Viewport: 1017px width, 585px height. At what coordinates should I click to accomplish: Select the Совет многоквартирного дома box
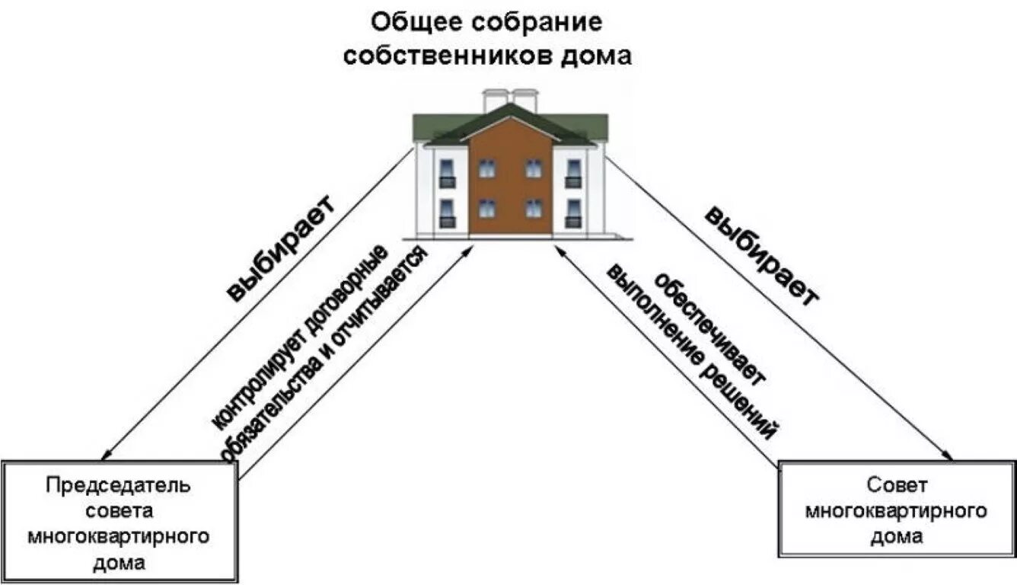(897, 510)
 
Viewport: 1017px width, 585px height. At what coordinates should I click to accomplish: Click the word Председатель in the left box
(119, 485)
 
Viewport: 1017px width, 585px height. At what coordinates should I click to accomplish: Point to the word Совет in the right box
(897, 485)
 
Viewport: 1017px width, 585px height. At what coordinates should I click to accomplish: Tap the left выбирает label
(281, 249)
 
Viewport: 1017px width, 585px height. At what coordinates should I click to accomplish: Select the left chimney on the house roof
(496, 100)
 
